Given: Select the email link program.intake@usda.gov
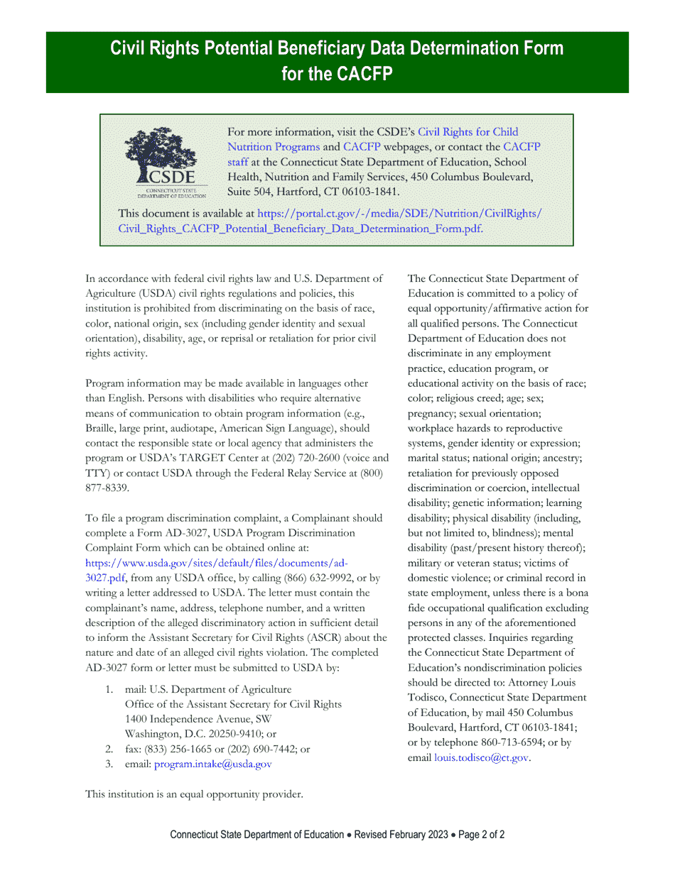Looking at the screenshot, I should pos(212,764).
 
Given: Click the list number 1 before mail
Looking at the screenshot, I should pos(109,690).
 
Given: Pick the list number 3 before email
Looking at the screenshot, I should pos(109,764).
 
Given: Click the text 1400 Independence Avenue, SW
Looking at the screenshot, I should pos(193,720).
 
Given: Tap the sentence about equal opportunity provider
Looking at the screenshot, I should pos(194,794).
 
